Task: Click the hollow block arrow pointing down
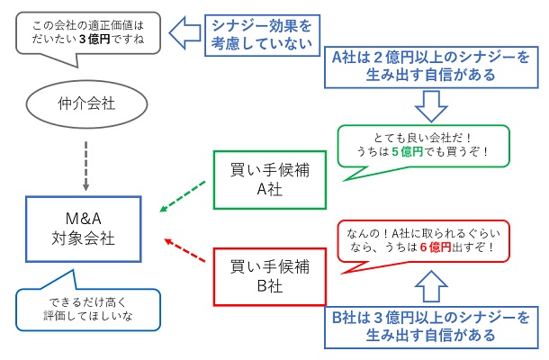[429, 108]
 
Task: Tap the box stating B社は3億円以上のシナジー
[430, 326]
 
